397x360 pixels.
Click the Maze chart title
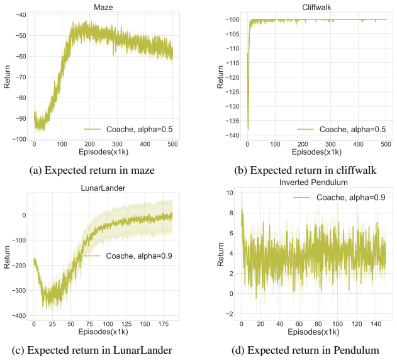[x=103, y=7]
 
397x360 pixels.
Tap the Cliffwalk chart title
[x=316, y=8]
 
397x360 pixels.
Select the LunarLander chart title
[x=103, y=188]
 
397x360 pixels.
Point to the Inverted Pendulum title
[x=313, y=182]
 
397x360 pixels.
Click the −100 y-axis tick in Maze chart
[x=20, y=139]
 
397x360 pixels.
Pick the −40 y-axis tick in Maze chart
[x=21, y=14]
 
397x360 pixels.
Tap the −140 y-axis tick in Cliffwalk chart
[x=232, y=135]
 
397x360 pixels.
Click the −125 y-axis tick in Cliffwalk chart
[x=232, y=92]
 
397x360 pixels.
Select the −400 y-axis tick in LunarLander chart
[x=19, y=316]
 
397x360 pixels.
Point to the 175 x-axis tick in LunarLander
[x=164, y=323]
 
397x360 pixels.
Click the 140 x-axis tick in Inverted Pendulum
[x=376, y=323]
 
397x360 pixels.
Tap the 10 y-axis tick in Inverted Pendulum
[x=230, y=193]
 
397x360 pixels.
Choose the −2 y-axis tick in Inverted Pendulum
[x=230, y=314]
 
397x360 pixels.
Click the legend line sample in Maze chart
[x=92, y=129]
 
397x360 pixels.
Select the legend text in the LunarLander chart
[x=139, y=256]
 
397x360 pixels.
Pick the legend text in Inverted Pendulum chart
[x=351, y=198]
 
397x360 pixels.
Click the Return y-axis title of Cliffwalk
[x=220, y=77]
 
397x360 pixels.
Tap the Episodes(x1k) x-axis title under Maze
[x=104, y=152]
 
